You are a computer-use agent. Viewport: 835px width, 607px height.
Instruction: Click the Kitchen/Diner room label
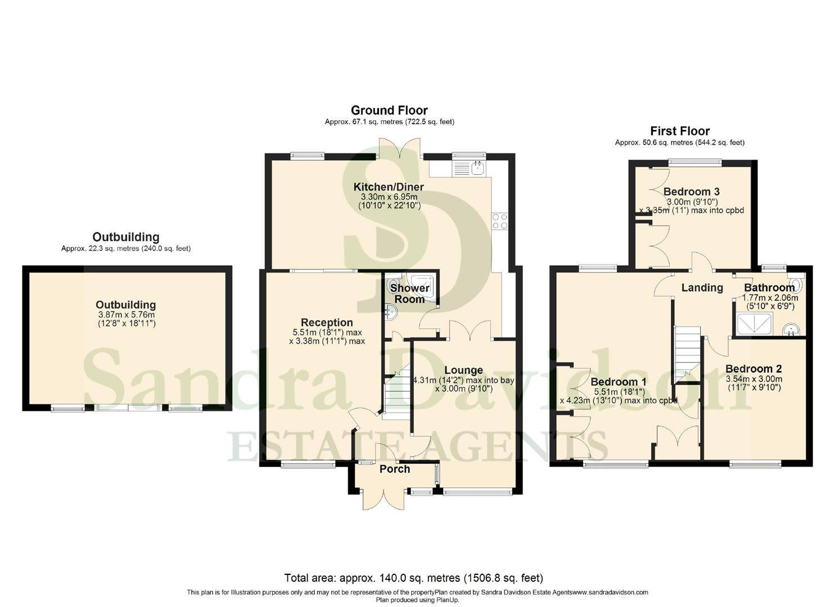coord(388,187)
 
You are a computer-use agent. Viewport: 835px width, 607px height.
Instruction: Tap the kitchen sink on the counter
coord(470,167)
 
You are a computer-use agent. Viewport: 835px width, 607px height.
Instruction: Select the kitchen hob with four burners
coord(500,221)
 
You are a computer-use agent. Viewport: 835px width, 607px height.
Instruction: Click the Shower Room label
coord(409,293)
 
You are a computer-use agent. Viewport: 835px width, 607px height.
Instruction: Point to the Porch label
coord(395,469)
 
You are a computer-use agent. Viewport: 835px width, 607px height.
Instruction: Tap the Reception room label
coord(327,323)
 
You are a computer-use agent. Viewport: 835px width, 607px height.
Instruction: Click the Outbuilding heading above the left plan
coord(126,237)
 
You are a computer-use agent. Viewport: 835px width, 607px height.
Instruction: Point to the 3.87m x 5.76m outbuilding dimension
coord(126,315)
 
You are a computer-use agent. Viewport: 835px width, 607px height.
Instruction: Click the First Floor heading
coord(680,131)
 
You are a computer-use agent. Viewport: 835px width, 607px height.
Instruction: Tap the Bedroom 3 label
coord(691,192)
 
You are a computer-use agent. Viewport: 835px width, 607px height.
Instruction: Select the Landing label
coord(702,288)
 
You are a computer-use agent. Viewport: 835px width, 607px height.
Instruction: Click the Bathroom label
coord(769,288)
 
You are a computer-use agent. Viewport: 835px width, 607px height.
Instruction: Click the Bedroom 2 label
coord(753,369)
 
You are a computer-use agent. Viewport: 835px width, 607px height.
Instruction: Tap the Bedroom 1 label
coord(618,382)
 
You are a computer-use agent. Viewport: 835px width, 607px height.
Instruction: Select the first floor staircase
coord(687,351)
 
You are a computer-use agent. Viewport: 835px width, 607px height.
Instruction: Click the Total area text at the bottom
coord(413,578)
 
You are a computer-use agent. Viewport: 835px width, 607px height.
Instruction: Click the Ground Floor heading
coord(389,110)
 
